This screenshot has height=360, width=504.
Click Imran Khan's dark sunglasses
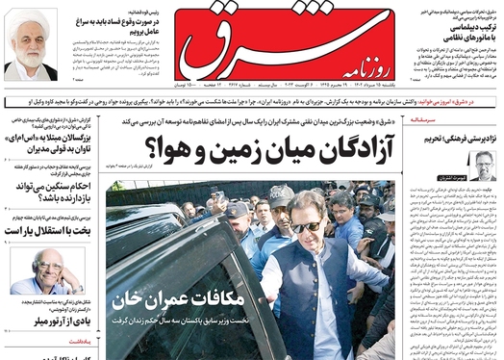click(x=307, y=227)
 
